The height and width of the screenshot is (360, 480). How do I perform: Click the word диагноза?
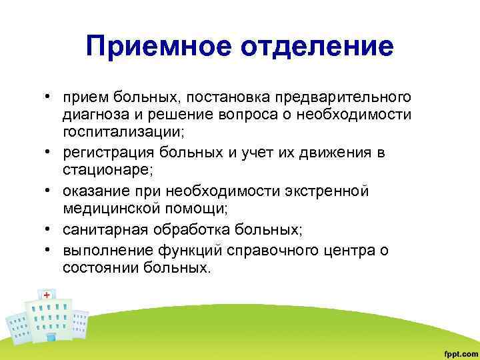pyautogui.click(x=94, y=115)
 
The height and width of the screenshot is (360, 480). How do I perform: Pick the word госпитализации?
pyautogui.click(x=119, y=133)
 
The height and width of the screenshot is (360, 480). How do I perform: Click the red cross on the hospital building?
pyautogui.click(x=47, y=294)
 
